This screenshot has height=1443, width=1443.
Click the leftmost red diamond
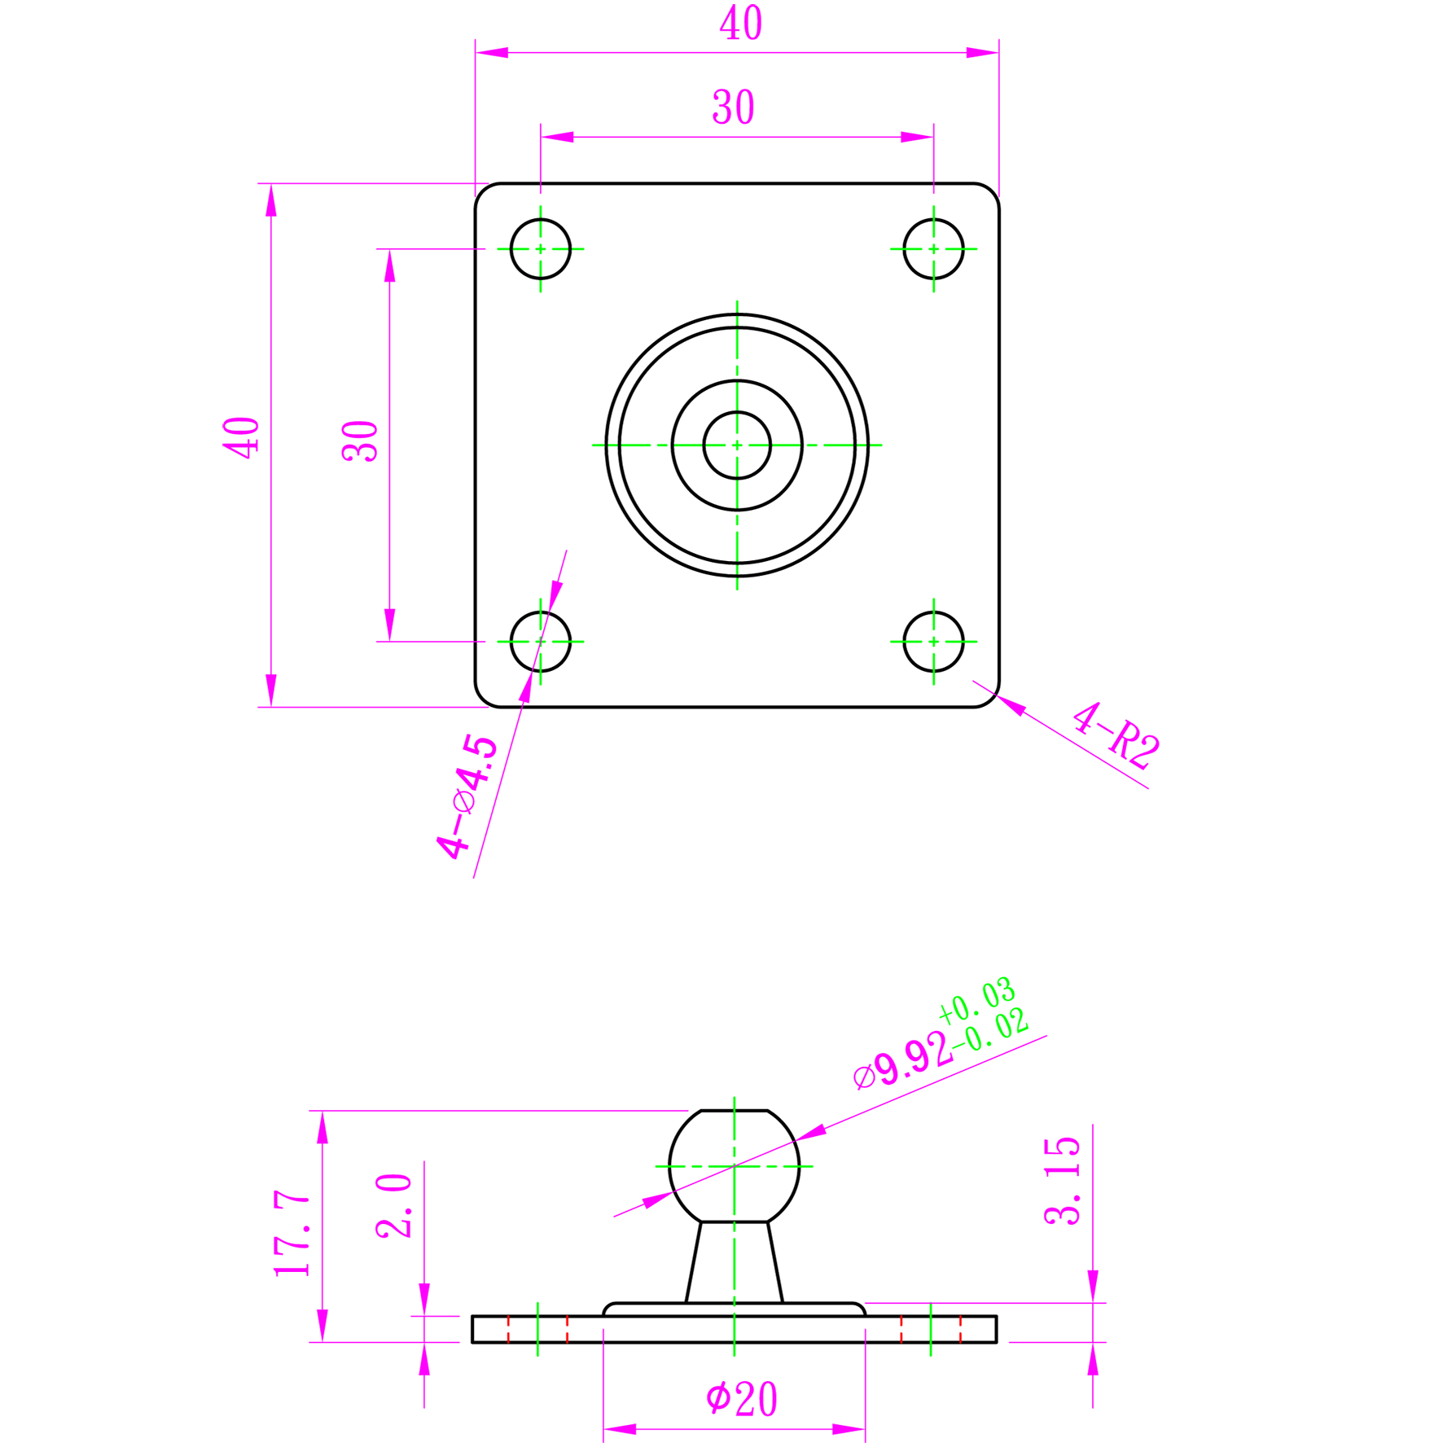(x=508, y=1330)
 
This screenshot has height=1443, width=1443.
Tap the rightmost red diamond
(x=960, y=1330)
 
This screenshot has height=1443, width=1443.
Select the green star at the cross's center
(x=737, y=445)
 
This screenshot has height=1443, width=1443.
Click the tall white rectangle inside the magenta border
(x=306, y=434)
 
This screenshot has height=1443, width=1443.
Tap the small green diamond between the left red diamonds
(x=537, y=1330)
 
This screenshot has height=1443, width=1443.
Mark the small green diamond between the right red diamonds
(x=931, y=1330)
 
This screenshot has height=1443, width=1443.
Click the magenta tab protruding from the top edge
(x=748, y=20)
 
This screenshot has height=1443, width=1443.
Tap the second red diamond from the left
(x=568, y=1330)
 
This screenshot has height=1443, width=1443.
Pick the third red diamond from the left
(x=901, y=1330)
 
